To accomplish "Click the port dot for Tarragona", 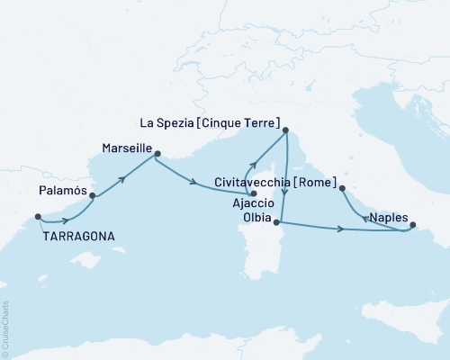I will [x=38, y=216].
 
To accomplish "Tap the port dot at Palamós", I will [x=93, y=194].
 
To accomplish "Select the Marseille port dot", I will [x=157, y=154].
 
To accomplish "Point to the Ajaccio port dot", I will [x=254, y=193].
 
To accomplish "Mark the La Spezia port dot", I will [x=285, y=131].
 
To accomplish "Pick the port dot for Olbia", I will [x=276, y=221].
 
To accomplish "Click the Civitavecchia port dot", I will [x=342, y=188].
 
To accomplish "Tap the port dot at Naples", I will [x=413, y=227].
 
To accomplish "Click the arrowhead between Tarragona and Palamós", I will [x=65, y=220].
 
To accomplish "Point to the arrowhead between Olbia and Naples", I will [x=341, y=230].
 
